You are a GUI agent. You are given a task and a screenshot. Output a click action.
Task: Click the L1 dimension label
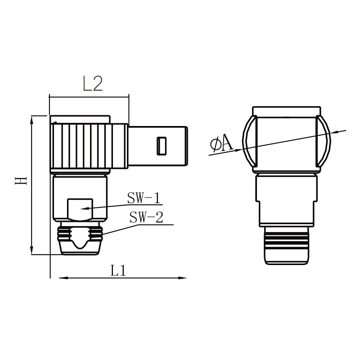[x=118, y=270]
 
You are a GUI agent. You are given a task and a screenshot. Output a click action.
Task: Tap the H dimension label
[x=21, y=181]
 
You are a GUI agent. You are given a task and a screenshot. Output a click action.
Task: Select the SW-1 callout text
[x=144, y=198]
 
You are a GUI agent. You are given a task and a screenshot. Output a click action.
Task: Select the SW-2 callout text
[x=146, y=217]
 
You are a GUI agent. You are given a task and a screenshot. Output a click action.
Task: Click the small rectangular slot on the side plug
[x=162, y=146]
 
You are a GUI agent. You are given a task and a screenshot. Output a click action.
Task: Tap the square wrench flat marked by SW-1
[x=80, y=209]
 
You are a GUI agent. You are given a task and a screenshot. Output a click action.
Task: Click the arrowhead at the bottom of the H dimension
[x=32, y=250]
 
